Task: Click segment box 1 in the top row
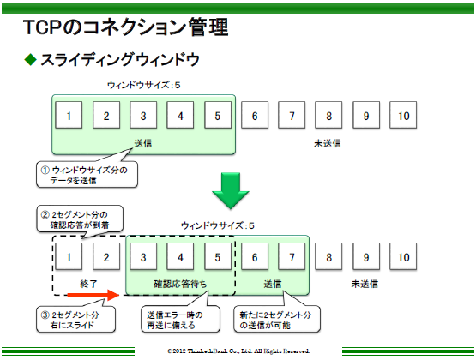69,115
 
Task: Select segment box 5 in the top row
218,115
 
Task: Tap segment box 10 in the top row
403,115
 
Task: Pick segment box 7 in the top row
292,115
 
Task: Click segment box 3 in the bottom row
143,256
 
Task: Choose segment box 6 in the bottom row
255,256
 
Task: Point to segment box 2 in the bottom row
106,256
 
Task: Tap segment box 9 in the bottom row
366,256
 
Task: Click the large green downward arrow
231,190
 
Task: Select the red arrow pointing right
93,295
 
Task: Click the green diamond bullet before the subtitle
30,59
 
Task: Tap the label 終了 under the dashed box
88,284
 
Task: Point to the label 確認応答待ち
180,284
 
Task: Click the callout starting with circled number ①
87,175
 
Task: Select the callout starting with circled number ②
80,219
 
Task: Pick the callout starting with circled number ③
75,319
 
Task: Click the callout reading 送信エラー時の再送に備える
181,319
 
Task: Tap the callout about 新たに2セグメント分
277,319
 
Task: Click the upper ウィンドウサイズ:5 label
143,85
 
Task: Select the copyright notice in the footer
238,351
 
